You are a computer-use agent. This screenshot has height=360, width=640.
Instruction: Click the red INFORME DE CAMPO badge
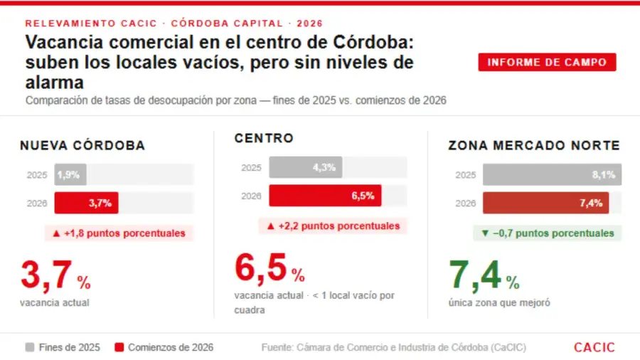pos(547,62)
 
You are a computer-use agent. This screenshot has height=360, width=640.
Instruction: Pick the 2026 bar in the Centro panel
pos(325,196)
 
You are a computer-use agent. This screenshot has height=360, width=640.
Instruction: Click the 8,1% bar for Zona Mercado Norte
pos(552,174)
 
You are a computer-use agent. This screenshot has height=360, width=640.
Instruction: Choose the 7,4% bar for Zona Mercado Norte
pos(546,203)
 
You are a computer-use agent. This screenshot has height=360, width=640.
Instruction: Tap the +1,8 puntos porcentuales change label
pos(119,233)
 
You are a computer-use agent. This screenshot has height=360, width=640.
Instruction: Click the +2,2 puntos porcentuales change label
pos(333,226)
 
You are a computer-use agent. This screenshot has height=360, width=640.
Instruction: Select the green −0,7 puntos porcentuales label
pos(547,233)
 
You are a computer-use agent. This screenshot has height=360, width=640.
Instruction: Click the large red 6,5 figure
pos(260,268)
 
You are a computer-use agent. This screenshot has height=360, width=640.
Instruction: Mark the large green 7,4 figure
pos(474,275)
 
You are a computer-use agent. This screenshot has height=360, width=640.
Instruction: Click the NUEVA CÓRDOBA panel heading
pos(82,146)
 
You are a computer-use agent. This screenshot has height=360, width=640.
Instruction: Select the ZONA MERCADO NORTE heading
pos(534,146)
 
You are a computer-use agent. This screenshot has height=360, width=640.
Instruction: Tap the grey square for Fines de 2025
pos(30,347)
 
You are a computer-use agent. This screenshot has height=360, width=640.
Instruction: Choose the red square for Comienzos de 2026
pos(119,347)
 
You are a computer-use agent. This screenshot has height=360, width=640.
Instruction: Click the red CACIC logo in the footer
pos(594,347)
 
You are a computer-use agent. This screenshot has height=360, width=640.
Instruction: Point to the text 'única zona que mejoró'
pos(498,302)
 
